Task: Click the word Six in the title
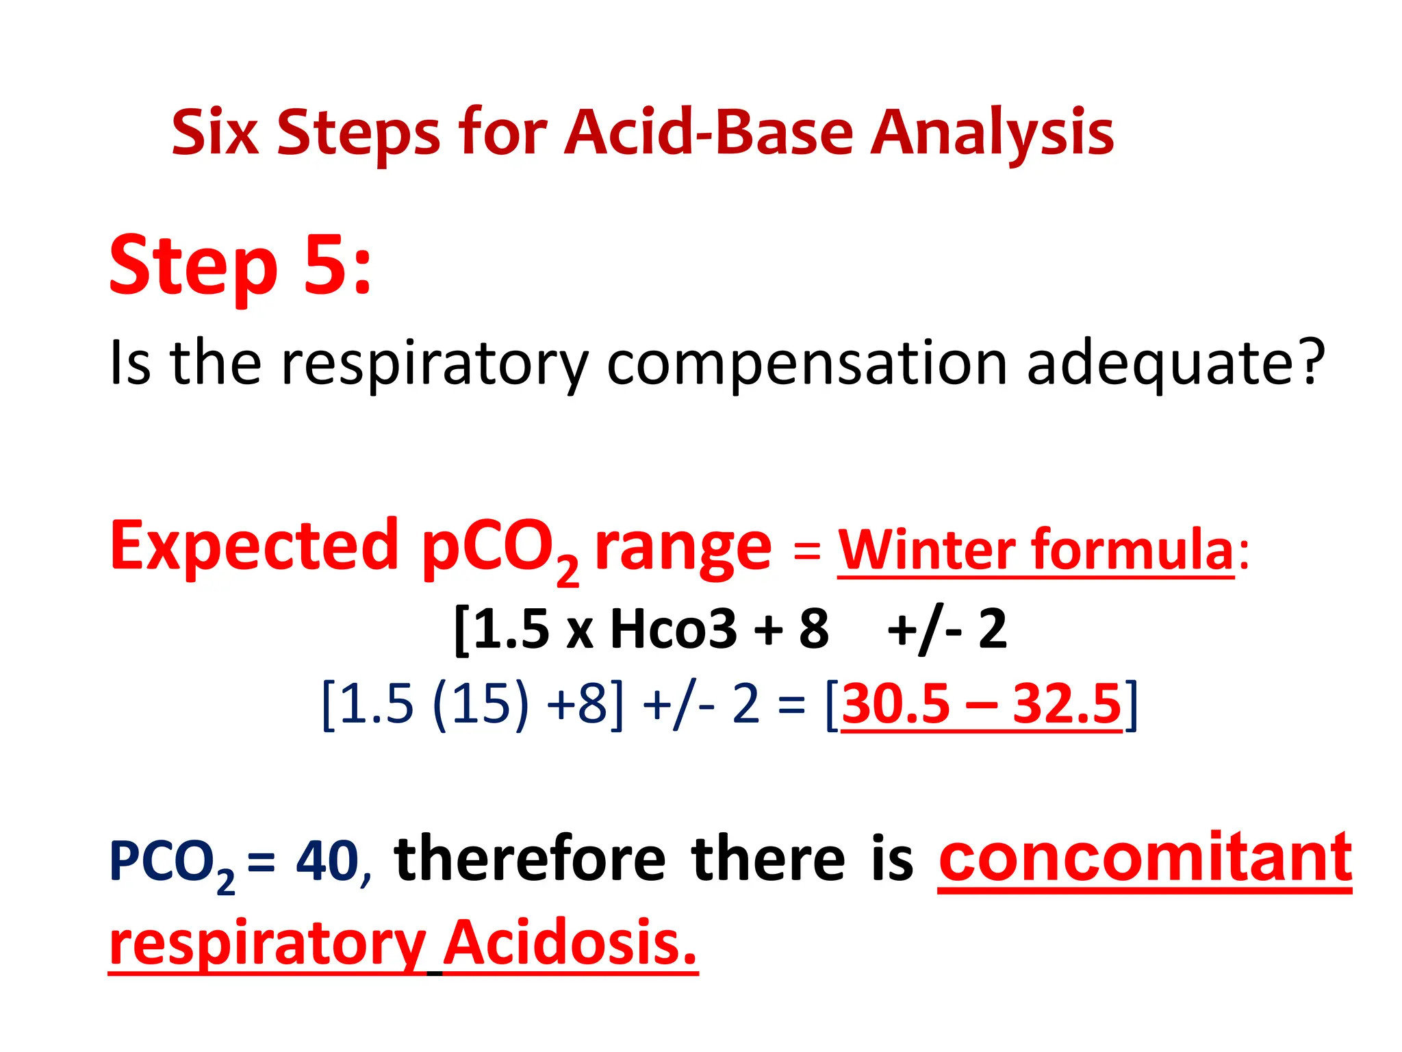[214, 132]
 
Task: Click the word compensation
[807, 364]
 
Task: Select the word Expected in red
[254, 546]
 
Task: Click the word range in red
[683, 548]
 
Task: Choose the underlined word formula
[1132, 549]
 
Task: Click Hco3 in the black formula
[673, 629]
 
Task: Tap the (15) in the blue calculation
[481, 704]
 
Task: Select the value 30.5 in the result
[895, 704]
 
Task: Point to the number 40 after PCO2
[327, 861]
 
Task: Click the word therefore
[530, 860]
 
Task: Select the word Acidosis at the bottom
[570, 943]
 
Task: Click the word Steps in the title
[358, 132]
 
